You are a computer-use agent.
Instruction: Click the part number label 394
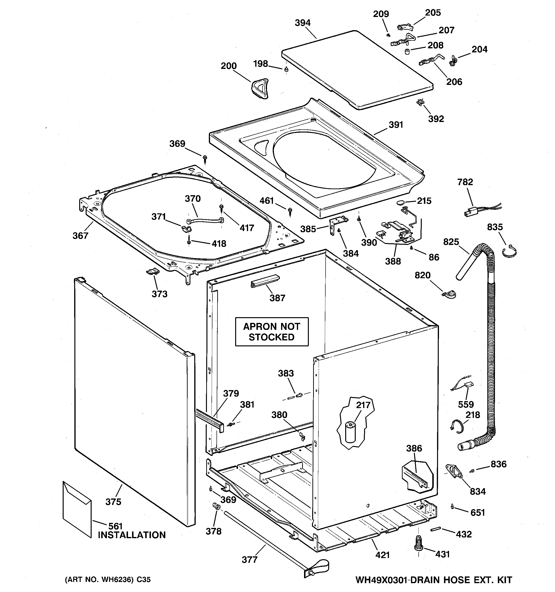pos(303,23)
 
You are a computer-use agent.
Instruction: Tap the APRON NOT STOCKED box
pos(272,332)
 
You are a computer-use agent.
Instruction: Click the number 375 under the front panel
pos(113,502)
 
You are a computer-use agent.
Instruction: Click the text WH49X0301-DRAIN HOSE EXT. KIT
pos(433,580)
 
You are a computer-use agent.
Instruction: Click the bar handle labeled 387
pos(265,281)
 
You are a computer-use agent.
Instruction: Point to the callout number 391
pos(396,125)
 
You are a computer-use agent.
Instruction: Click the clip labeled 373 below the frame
pos(153,271)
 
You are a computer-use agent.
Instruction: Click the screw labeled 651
pos(452,506)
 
